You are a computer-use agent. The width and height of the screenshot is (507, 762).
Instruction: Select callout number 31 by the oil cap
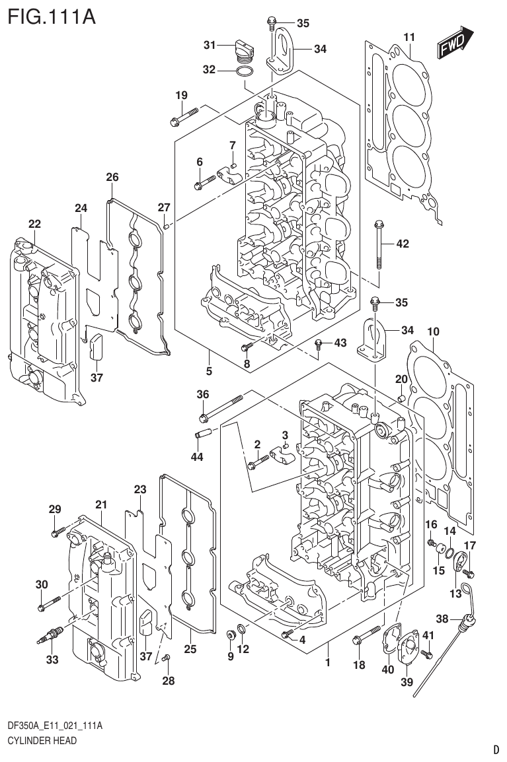tap(210, 45)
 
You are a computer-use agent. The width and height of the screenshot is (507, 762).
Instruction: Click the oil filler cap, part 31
tap(243, 48)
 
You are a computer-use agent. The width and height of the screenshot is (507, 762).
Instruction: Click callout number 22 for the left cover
tap(34, 225)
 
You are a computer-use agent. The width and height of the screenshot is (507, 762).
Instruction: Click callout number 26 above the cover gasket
tap(112, 176)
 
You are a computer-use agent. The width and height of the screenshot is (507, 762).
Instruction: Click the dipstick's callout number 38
tap(443, 619)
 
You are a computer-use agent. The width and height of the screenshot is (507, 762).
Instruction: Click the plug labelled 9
tap(231, 635)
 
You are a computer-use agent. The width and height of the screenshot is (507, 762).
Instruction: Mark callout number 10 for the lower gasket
tap(433, 330)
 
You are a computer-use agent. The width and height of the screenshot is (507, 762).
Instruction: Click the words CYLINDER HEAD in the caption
tap(42, 741)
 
